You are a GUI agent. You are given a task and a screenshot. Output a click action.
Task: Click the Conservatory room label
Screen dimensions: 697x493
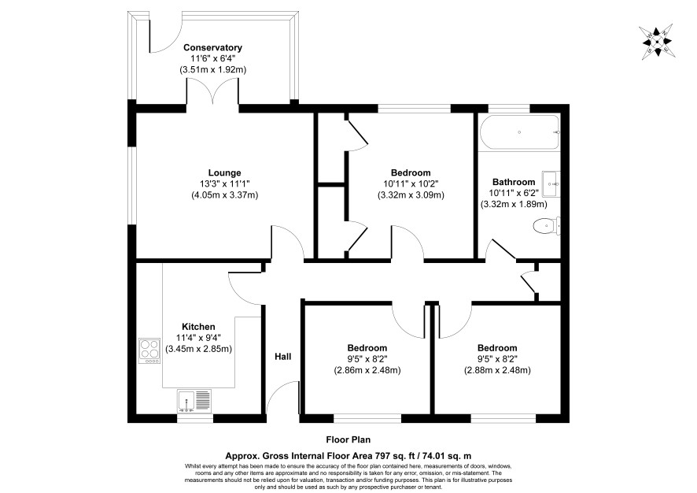[212, 47]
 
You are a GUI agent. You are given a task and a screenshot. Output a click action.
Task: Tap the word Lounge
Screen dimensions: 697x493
[224, 173]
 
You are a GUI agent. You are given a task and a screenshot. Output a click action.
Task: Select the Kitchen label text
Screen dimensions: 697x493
[198, 327]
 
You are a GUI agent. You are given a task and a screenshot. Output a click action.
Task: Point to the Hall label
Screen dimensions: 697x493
[282, 357]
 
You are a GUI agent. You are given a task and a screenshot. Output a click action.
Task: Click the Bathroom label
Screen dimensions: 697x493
[514, 183]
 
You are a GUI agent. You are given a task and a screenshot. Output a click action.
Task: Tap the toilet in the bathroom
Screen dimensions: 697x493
[546, 225]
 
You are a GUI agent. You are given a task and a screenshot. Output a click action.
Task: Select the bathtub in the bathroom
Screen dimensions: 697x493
[519, 132]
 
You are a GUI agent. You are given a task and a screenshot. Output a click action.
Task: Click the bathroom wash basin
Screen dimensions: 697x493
[551, 183]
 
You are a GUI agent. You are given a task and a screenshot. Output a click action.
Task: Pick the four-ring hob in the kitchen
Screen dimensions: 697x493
[149, 351]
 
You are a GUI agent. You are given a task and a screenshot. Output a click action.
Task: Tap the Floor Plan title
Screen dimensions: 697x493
[348, 440]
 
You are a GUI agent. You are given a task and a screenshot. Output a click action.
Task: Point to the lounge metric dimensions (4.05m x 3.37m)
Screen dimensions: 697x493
[224, 195]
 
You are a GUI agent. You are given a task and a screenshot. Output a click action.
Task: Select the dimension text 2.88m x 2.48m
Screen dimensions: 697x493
[497, 370]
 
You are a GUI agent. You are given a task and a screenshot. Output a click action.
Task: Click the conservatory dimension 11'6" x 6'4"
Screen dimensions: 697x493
[212, 59]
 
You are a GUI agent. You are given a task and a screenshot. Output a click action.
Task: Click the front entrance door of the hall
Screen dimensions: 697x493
[282, 398]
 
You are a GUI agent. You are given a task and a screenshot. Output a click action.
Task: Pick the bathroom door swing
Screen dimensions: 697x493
[501, 249]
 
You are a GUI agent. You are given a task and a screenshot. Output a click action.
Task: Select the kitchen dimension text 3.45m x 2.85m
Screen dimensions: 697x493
[198, 350]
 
